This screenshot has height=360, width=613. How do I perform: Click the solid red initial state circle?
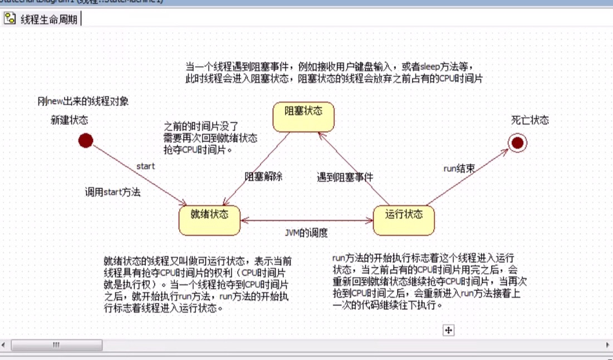[85, 141]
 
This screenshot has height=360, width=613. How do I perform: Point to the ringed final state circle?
[517, 143]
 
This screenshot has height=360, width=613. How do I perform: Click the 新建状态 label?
[69, 120]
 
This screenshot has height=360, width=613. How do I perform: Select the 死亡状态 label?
[529, 120]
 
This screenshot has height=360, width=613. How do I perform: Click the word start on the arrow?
[145, 166]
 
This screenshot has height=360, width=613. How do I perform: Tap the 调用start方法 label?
[112, 193]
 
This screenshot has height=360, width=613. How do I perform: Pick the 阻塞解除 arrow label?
[264, 176]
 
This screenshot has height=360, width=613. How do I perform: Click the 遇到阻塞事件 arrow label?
[345, 177]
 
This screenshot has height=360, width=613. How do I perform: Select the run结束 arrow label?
[459, 168]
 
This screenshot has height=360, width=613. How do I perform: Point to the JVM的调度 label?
[306, 232]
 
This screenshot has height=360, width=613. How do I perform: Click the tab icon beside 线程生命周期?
[10, 19]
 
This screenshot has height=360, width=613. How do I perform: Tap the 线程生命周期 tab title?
[48, 19]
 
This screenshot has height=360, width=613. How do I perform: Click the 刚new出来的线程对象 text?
[83, 101]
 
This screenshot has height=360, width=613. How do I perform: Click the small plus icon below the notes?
[448, 331]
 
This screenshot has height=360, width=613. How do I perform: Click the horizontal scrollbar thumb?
[56, 345]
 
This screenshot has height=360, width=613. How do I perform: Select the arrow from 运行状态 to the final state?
[468, 175]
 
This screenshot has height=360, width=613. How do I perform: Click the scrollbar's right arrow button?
[607, 345]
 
